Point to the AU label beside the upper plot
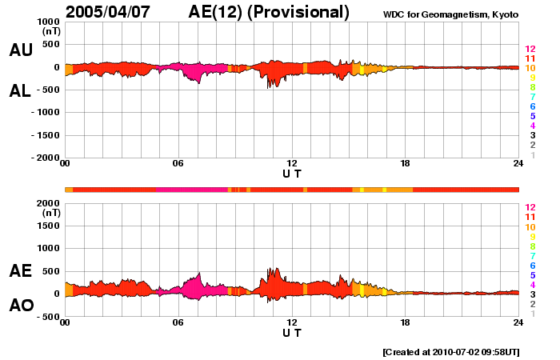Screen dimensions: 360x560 pyautogui.click(x=20, y=50)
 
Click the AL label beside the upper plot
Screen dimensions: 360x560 pyautogui.click(x=20, y=91)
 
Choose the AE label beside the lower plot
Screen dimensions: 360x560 pyautogui.click(x=20, y=271)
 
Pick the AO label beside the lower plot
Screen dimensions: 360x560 pyautogui.click(x=20, y=306)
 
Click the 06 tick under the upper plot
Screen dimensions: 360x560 pyautogui.click(x=178, y=164)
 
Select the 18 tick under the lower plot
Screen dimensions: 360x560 pyautogui.click(x=405, y=322)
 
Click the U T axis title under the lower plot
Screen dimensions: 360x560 pyautogui.click(x=292, y=332)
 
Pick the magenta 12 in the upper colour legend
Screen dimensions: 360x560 pyautogui.click(x=530, y=50)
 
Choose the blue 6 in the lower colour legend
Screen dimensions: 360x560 pyautogui.click(x=531, y=266)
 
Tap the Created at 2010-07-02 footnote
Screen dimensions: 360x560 pyautogui.click(x=450, y=352)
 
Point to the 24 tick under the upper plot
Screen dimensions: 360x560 pyautogui.click(x=518, y=164)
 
